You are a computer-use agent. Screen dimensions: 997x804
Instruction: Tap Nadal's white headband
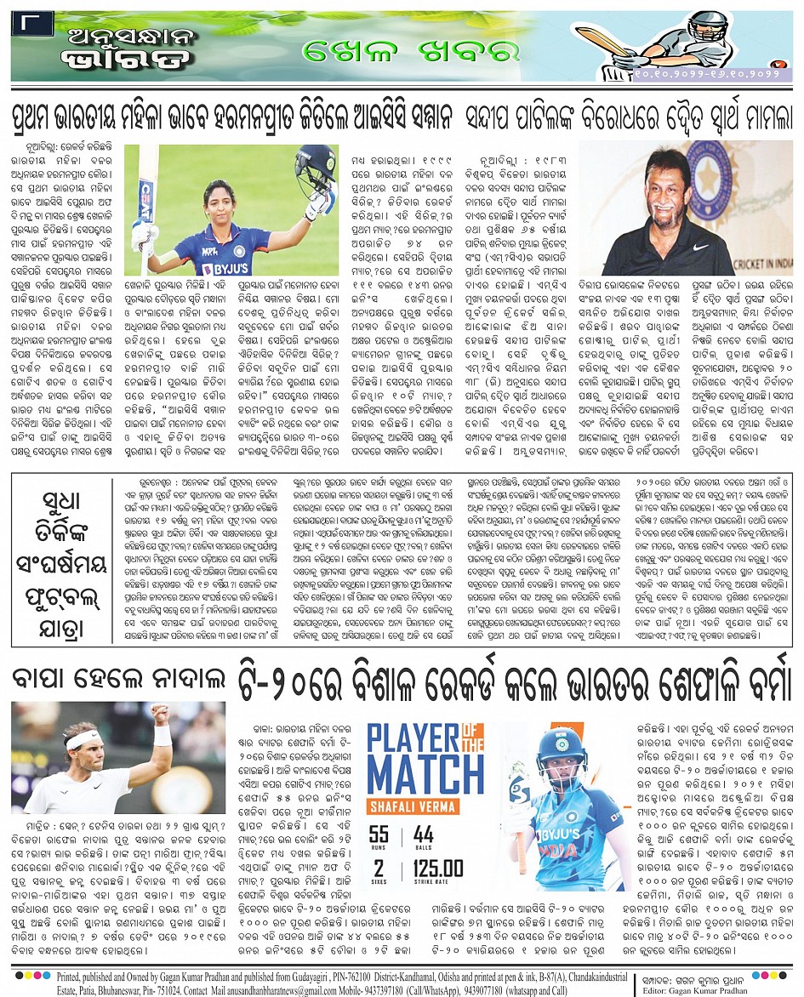click(83, 738)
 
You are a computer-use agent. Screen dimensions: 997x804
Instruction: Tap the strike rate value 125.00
click(439, 869)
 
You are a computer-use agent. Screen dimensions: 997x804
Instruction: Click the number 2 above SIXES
click(378, 869)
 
